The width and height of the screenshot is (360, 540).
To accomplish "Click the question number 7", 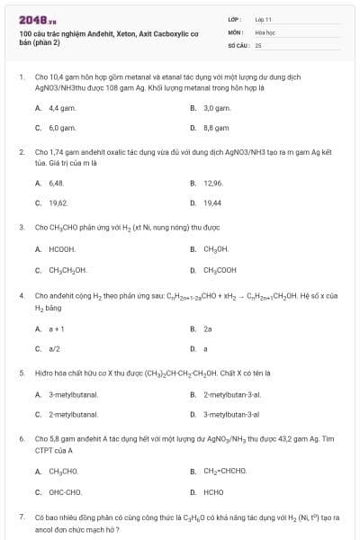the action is pos(21,517).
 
